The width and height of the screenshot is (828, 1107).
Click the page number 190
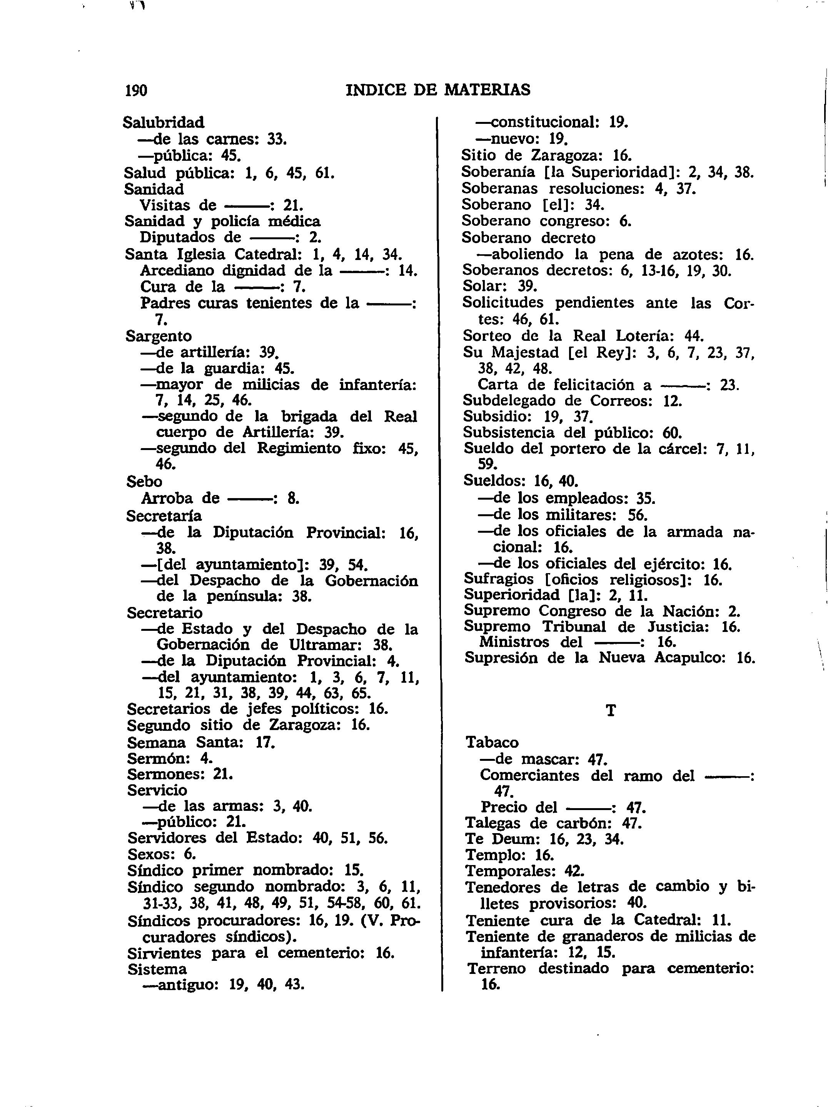click(x=136, y=90)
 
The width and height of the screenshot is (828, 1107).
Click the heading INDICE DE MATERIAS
click(x=438, y=90)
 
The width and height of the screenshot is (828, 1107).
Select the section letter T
click(x=610, y=711)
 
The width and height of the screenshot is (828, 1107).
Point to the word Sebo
click(x=144, y=482)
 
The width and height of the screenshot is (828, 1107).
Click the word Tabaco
click(x=492, y=742)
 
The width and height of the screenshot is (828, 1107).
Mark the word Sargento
click(x=159, y=336)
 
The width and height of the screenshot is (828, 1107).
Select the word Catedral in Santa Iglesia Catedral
click(x=268, y=254)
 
